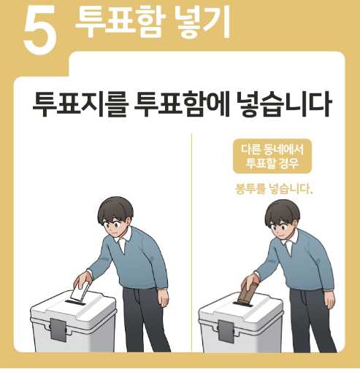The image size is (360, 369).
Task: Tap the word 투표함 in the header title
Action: point(120,23)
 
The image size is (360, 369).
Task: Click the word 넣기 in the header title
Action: point(203,23)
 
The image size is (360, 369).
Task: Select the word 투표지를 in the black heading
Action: point(80,104)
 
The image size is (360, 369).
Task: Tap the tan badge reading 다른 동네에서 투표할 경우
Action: point(272,156)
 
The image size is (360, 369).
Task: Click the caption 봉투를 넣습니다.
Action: point(274,189)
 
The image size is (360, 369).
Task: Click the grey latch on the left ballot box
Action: point(58,330)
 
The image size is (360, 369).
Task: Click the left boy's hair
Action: point(115,210)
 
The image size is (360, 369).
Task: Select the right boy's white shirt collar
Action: point(291,243)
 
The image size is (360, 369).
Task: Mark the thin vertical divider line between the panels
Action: point(192,243)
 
